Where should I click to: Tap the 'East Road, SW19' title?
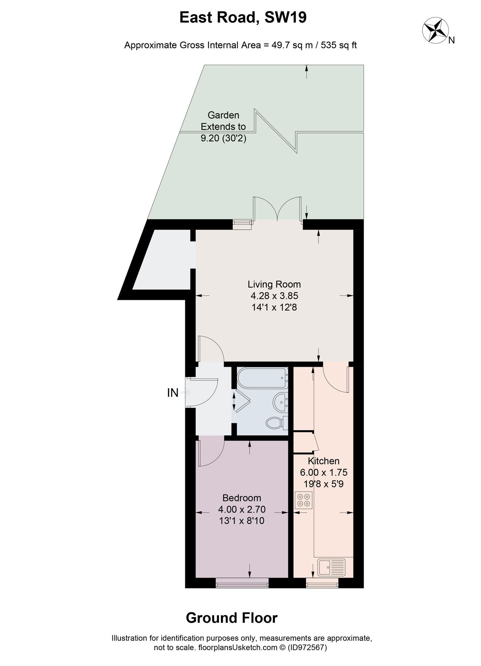pos(243,18)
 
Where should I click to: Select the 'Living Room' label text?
pos(274,284)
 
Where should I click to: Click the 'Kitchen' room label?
pos(324,461)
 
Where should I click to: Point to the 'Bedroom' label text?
pos(242,498)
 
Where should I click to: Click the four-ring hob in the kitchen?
pos(303,500)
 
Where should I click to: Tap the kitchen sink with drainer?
pos(331,568)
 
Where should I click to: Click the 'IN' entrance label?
pos(173,393)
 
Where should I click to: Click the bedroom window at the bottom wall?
pos(242,584)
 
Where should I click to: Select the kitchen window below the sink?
pos(322,584)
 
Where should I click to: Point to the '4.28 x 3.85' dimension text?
pos(274,296)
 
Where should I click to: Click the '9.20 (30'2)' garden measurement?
pos(223,138)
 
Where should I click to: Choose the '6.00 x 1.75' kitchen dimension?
pos(324,472)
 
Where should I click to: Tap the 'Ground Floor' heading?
pos(232,618)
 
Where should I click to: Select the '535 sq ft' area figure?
pos(339,45)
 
